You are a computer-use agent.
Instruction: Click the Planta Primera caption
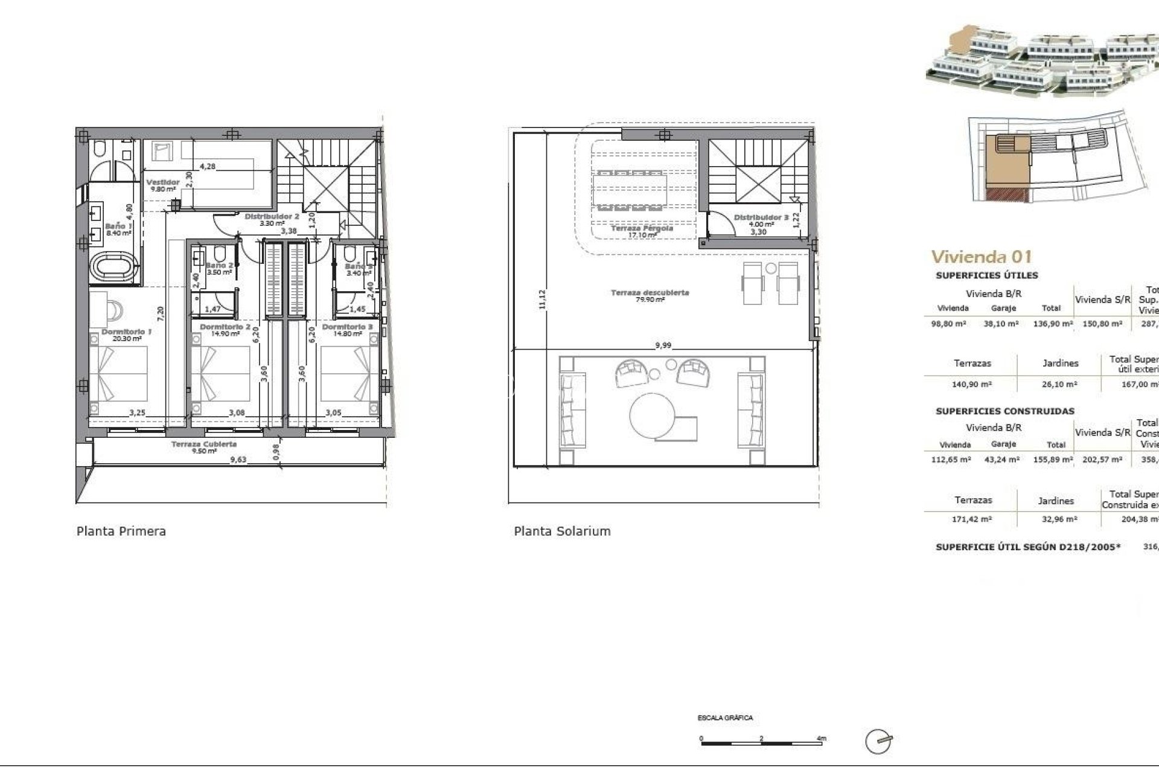tap(121, 531)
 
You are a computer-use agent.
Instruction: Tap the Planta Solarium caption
tap(562, 531)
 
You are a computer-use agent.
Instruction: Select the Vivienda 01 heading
tap(982, 257)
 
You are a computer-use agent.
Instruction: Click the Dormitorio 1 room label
tap(126, 332)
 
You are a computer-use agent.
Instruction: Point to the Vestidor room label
tap(163, 182)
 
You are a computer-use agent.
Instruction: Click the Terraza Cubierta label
tap(203, 444)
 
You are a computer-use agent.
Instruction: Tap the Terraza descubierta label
tap(650, 293)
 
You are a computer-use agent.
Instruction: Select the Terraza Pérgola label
tap(641, 229)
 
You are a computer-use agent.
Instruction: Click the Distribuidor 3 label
tap(761, 217)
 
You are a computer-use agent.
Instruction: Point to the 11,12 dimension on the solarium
tap(541, 300)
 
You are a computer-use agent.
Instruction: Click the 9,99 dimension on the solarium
tap(663, 345)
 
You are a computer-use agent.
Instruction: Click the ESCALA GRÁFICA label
tap(725, 718)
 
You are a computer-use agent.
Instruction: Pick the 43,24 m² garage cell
tap(1003, 460)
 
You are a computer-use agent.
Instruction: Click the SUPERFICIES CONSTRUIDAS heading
tap(1004, 411)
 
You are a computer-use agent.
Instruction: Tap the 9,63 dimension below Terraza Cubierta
tap(238, 460)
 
